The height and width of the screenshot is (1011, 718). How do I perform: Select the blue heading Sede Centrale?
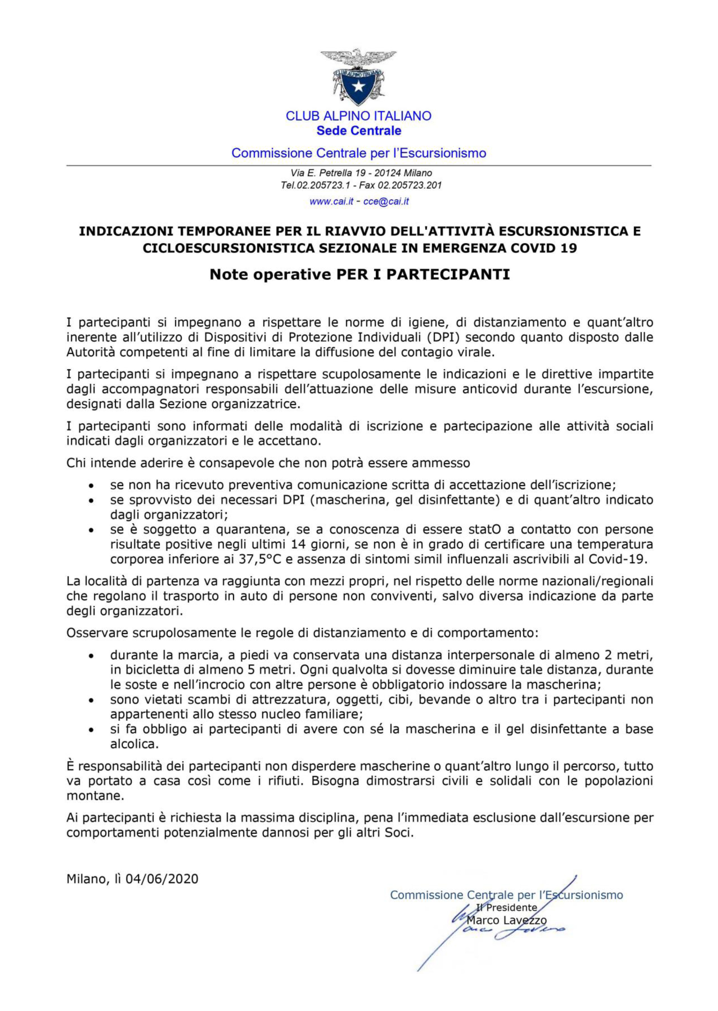[x=358, y=131]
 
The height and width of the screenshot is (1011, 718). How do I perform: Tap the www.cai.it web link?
[x=331, y=202]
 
